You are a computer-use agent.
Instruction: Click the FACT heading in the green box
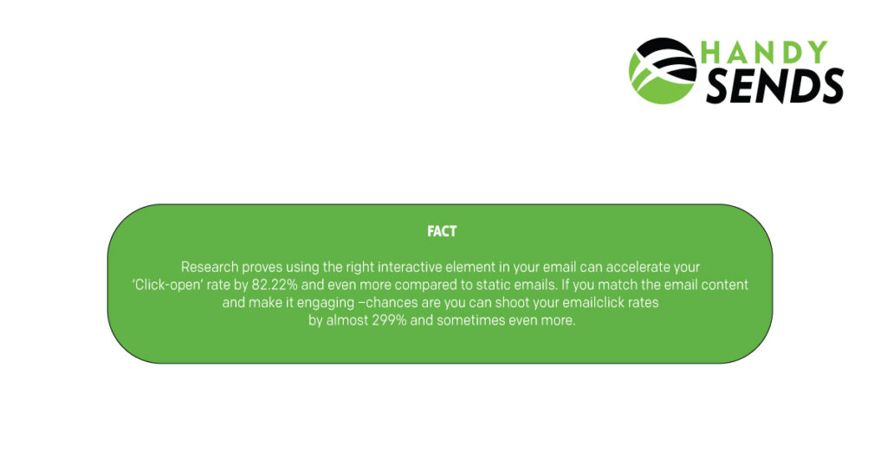coord(442,232)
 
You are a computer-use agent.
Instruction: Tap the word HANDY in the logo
coord(764,54)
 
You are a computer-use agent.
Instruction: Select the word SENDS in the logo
coord(774,87)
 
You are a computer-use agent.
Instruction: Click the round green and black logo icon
coord(663,71)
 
